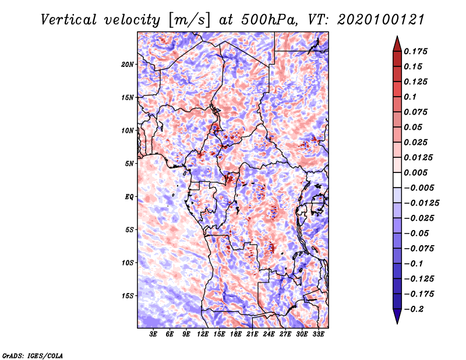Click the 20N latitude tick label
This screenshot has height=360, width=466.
(x=128, y=64)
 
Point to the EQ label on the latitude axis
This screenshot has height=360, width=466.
(x=129, y=197)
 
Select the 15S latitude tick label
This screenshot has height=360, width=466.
(x=128, y=296)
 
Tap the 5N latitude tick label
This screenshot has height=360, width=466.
(x=129, y=164)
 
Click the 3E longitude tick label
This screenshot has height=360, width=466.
(x=154, y=335)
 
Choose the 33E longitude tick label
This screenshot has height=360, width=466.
(x=319, y=335)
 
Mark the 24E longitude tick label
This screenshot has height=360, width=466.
(x=269, y=335)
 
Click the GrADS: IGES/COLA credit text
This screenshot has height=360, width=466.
(x=32, y=355)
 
